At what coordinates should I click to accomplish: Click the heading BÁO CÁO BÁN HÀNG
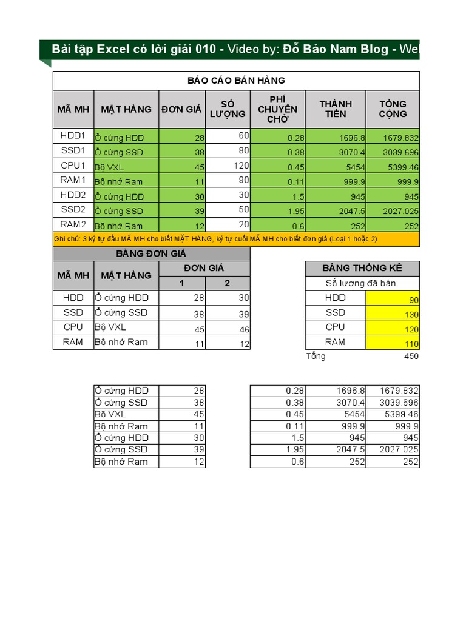236,81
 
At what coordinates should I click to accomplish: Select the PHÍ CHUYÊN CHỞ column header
277,109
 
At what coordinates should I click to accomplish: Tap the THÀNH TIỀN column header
335,109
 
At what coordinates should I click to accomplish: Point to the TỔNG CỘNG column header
393,109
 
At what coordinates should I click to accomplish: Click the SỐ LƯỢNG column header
228,109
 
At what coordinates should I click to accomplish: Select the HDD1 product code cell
73,136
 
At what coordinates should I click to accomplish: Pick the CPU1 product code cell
73,165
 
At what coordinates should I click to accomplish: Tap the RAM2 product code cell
73,224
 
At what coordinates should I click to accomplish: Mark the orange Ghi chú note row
236,239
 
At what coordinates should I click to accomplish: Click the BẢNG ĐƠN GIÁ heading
151,254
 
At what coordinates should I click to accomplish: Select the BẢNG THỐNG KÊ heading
362,269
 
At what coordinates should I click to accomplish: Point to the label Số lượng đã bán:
362,283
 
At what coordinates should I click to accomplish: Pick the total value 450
411,357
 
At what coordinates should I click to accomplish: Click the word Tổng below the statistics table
316,356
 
